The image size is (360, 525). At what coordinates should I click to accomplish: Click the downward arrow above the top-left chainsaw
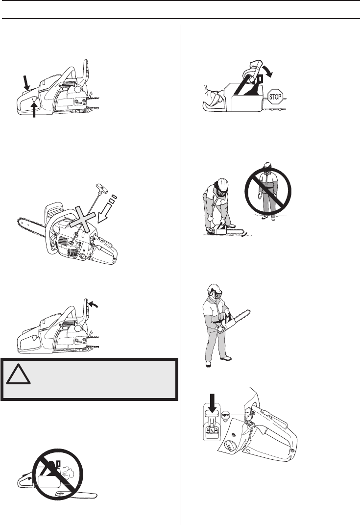pyautogui.click(x=26, y=83)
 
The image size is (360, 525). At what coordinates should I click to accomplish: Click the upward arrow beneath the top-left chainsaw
pyautogui.click(x=34, y=109)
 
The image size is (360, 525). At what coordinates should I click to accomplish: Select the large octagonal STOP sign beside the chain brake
pyautogui.click(x=275, y=97)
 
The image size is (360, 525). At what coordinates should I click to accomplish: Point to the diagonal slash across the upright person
pyautogui.click(x=267, y=191)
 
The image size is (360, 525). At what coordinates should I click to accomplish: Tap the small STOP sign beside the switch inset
pyautogui.click(x=226, y=415)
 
